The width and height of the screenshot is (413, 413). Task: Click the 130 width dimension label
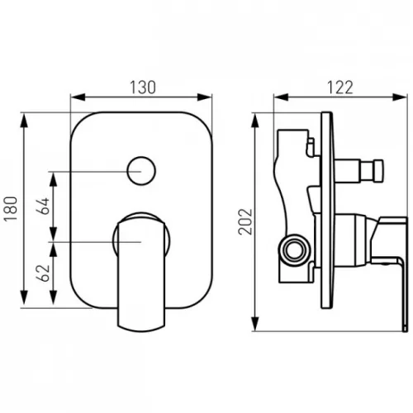[143, 88]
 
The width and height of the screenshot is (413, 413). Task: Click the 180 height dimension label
[11, 208]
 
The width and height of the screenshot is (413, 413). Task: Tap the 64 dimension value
[44, 206]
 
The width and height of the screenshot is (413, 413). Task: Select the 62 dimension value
[44, 273]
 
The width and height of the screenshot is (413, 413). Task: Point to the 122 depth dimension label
[340, 88]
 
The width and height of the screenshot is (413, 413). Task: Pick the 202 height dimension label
[245, 221]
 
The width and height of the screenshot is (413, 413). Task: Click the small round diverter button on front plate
[141, 171]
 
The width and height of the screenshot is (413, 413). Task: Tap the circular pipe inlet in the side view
[295, 248]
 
